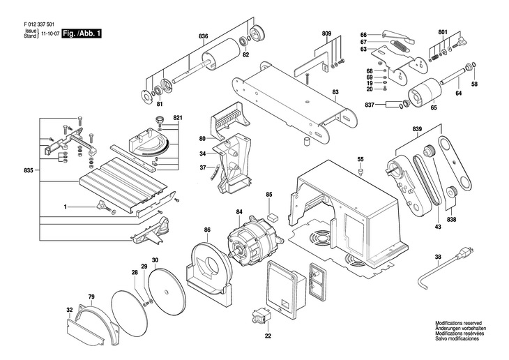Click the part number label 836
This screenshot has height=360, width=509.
click(203, 36)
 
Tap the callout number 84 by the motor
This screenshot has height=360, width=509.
click(239, 212)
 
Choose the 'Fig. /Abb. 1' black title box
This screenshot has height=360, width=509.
click(80, 33)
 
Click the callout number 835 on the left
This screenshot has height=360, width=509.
click(28, 170)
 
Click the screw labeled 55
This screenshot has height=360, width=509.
click(360, 170)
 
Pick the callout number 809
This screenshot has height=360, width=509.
click(326, 34)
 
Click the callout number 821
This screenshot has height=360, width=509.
click(177, 117)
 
